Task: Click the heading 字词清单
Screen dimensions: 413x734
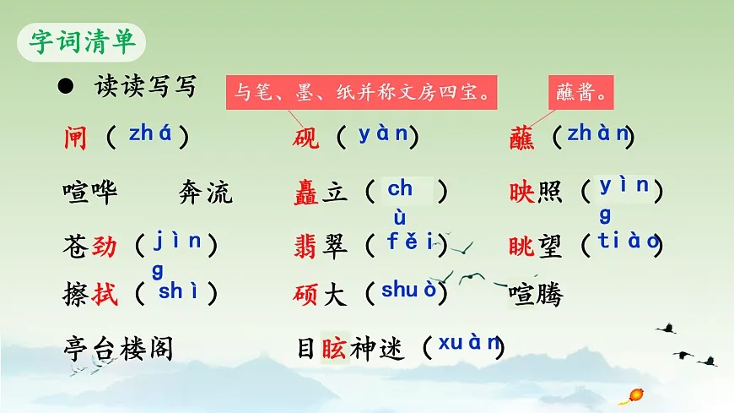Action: click(83, 41)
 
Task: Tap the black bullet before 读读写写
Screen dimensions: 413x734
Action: click(64, 86)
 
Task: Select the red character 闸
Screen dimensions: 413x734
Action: click(75, 138)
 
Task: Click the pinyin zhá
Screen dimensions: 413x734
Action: click(150, 133)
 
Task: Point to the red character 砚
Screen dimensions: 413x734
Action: click(306, 138)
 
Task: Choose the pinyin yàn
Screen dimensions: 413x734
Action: click(382, 133)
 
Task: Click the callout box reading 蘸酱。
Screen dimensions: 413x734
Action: click(582, 91)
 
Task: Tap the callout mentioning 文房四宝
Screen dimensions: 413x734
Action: click(362, 91)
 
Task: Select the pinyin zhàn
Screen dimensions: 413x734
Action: click(598, 133)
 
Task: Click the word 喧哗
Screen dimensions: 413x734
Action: click(90, 193)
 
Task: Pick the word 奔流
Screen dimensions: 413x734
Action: click(205, 193)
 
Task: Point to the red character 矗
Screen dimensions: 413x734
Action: click(306, 193)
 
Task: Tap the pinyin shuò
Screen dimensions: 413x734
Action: click(409, 290)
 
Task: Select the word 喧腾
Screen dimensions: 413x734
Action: click(536, 295)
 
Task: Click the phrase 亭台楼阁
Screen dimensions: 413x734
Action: click(118, 347)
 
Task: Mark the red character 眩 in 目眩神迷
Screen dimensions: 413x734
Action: click(333, 347)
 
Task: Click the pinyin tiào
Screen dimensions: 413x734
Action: click(628, 241)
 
